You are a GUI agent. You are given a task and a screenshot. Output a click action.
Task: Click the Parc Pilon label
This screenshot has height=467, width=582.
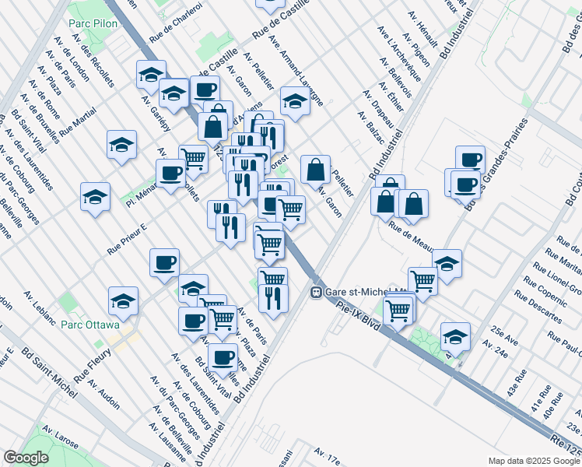click(x=93, y=24)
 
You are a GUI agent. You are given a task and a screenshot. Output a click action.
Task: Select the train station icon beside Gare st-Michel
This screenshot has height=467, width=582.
click(x=317, y=293)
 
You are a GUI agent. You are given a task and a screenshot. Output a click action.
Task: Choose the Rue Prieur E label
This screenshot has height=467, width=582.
click(x=127, y=241)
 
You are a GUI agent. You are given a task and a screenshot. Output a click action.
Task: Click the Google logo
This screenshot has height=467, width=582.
click(x=26, y=458)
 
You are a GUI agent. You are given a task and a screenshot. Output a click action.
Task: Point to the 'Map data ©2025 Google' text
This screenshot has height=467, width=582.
click(x=534, y=461)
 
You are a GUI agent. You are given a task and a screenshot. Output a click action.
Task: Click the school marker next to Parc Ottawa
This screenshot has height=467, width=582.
click(x=123, y=300)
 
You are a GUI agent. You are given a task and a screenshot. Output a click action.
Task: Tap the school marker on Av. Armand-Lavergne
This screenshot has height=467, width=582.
click(x=294, y=100)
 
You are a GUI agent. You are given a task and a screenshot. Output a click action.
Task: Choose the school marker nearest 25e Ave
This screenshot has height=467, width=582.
click(x=455, y=336)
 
